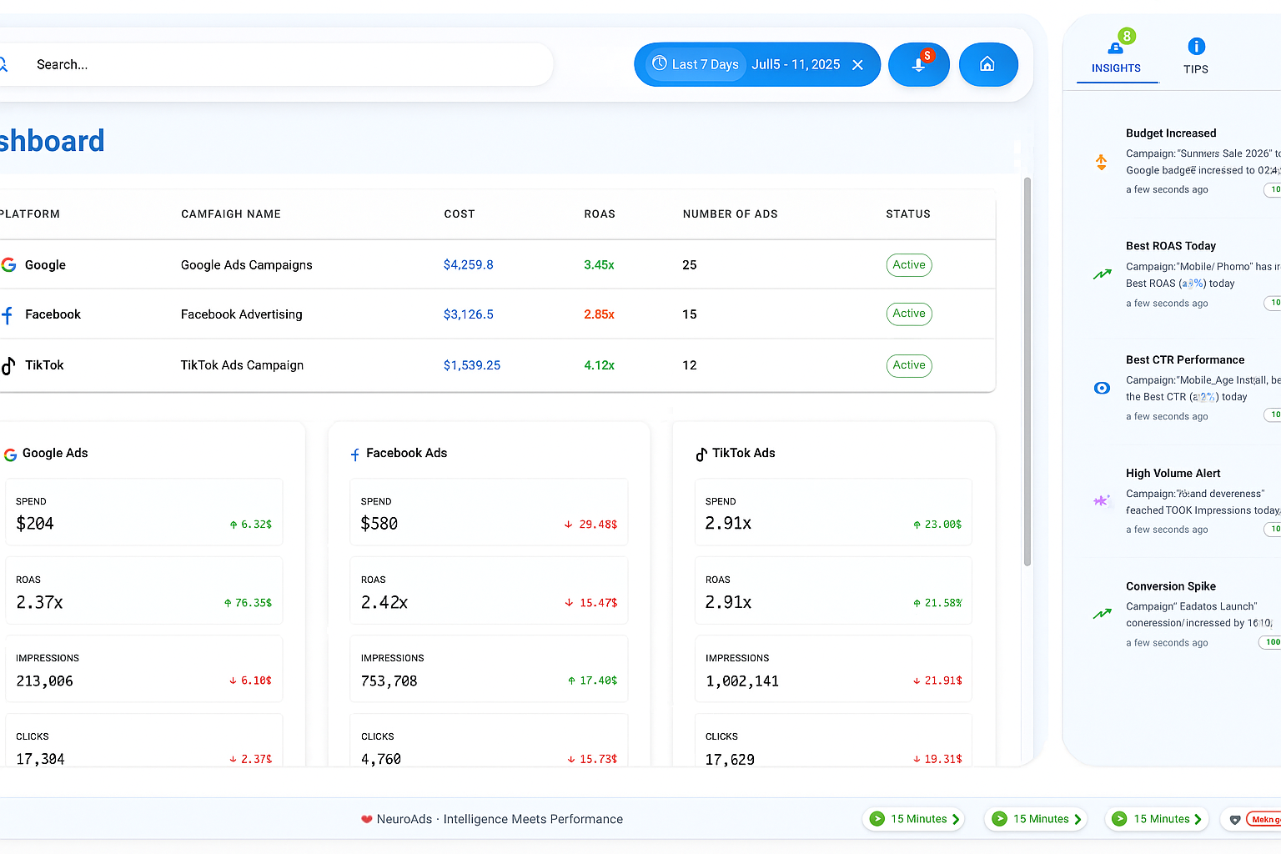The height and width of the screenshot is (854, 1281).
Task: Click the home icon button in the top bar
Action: point(987,64)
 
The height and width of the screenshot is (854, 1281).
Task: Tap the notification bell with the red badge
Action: point(918,64)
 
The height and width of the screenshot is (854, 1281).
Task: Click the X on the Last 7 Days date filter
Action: point(857,65)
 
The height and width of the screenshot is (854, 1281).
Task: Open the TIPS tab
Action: point(1195,56)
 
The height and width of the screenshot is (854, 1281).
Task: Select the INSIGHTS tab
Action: point(1116,56)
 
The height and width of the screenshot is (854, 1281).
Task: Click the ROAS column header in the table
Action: point(599,214)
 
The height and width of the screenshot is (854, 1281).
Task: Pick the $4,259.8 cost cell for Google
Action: point(468,265)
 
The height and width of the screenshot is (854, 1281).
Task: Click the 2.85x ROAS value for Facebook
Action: point(599,314)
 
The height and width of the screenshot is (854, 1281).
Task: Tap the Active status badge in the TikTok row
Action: point(908,365)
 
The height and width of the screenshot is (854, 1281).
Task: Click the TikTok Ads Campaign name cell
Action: point(242,365)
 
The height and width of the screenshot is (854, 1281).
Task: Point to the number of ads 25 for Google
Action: point(690,265)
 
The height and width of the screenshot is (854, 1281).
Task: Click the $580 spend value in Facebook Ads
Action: point(379,524)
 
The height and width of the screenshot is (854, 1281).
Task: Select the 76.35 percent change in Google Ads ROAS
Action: point(248,603)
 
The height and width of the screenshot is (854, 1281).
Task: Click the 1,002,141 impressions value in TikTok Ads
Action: point(741,681)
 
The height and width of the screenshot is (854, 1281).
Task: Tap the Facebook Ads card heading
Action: point(406,454)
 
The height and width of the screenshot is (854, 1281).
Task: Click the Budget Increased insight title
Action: point(1170,133)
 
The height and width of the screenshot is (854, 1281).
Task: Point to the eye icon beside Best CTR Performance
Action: point(1102,388)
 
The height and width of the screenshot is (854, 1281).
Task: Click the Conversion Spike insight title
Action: point(1170,586)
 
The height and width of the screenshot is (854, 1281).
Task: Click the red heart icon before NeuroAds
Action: point(366,819)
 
